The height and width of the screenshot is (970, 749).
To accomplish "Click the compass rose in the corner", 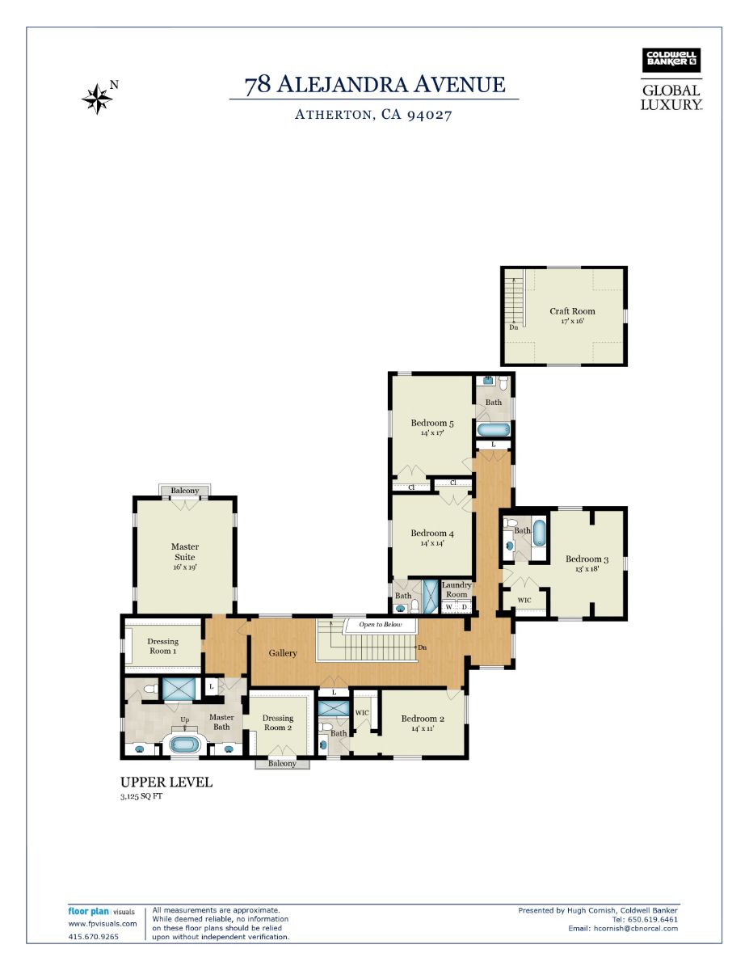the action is [97, 98].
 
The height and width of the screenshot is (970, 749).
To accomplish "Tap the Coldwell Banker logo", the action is [671, 61].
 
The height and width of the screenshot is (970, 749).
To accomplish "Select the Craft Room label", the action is [572, 311].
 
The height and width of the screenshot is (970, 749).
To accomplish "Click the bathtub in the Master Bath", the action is [185, 744].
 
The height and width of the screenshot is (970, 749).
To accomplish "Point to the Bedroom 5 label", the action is [431, 423].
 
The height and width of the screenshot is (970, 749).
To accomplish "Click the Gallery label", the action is [282, 653].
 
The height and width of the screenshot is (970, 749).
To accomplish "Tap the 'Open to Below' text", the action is [380, 625].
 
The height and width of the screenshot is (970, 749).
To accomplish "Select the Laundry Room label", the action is [457, 589].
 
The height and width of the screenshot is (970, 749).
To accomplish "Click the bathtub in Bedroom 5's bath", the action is [494, 430].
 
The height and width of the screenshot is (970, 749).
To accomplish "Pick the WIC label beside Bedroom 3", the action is [524, 600].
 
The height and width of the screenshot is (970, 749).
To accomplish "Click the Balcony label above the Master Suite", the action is [185, 491].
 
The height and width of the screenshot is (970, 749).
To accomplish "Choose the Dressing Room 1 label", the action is [163, 646].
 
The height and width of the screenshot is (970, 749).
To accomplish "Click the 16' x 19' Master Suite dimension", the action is [185, 567].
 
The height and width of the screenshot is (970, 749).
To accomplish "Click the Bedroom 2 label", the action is [423, 719].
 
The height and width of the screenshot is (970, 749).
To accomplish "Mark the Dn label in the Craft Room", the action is [514, 327].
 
